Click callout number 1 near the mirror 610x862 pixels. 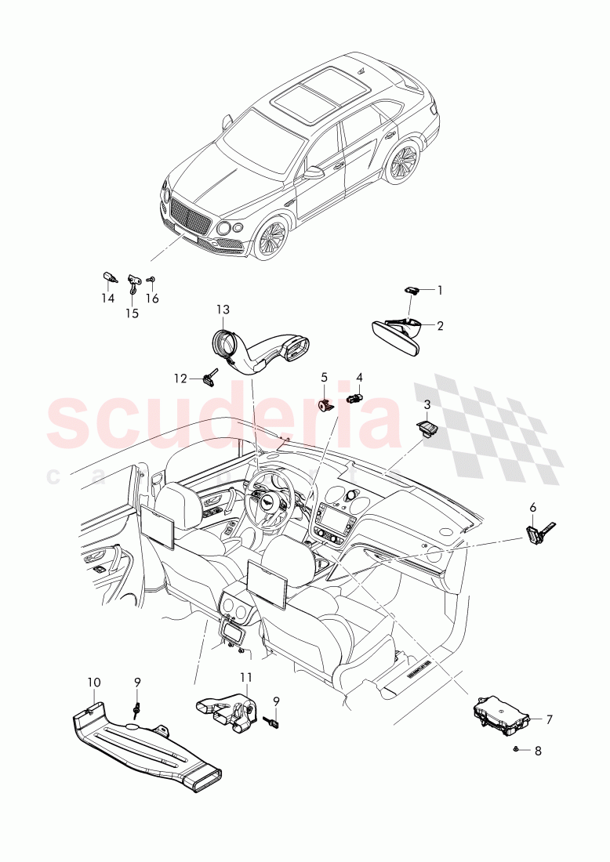pyautogui.click(x=440, y=290)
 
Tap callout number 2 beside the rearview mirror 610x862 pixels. pyautogui.click(x=440, y=326)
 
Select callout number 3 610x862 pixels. pyautogui.click(x=427, y=404)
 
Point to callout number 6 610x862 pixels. pyautogui.click(x=532, y=508)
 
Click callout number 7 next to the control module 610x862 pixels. pyautogui.click(x=550, y=719)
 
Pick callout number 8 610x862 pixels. pyautogui.click(x=538, y=751)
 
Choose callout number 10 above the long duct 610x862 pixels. pyautogui.click(x=94, y=683)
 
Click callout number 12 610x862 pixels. pyautogui.click(x=180, y=378)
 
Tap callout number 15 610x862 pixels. pyautogui.click(x=132, y=313)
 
